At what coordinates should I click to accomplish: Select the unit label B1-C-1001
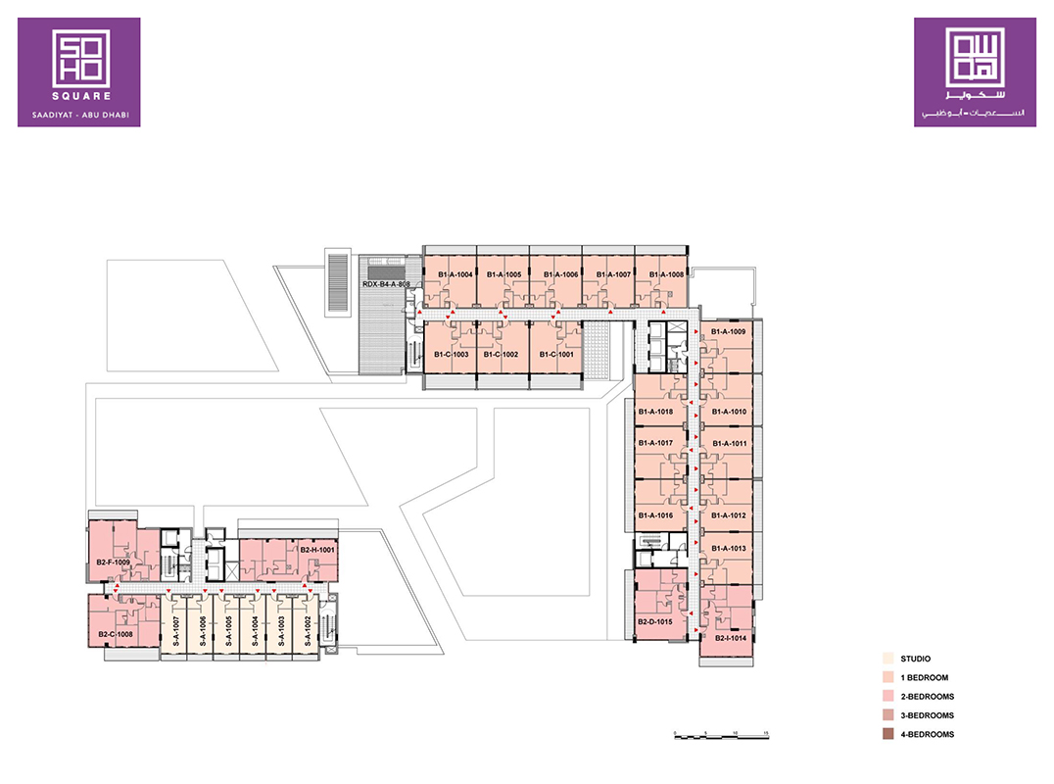553,355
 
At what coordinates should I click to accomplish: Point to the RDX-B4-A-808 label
385,285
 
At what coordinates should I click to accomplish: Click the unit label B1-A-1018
655,412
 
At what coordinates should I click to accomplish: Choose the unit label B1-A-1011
729,444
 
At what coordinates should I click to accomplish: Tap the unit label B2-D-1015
654,622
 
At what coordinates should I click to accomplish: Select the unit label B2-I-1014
731,639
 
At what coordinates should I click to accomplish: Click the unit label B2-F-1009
114,563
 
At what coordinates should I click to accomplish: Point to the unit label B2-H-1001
317,551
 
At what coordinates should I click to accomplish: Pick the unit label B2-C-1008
115,635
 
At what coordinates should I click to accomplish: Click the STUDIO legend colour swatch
886,659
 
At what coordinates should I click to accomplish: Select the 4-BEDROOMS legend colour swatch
886,734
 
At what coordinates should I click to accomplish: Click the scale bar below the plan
720,733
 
